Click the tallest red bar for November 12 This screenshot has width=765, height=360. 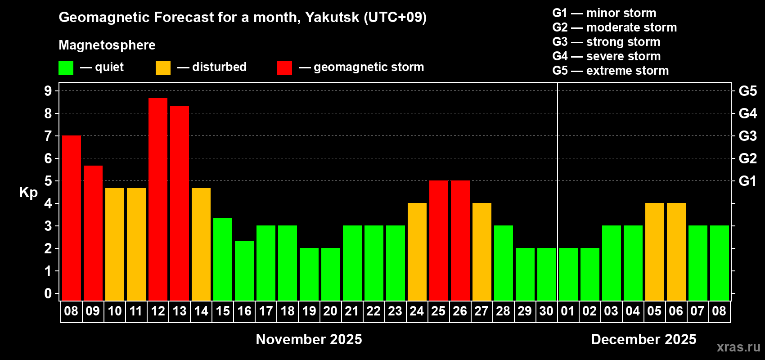pyautogui.click(x=158, y=199)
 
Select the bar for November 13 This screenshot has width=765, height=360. pyautogui.click(x=180, y=203)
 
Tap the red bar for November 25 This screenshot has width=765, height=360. pyautogui.click(x=439, y=240)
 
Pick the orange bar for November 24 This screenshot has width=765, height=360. pyautogui.click(x=417, y=252)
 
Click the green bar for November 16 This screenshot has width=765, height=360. pyautogui.click(x=244, y=270)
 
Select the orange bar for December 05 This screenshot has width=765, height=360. pyautogui.click(x=655, y=252)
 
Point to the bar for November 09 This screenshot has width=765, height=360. pyautogui.click(x=93, y=233)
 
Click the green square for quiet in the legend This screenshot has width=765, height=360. pyautogui.click(x=66, y=68)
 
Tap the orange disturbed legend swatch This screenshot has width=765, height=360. pyautogui.click(x=163, y=68)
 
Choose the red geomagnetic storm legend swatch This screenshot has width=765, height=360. pyautogui.click(x=285, y=68)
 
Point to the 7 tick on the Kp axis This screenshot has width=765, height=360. pyautogui.click(x=48, y=136)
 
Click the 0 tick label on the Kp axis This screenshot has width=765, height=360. pyautogui.click(x=48, y=293)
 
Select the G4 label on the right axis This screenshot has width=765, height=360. pyautogui.click(x=747, y=113)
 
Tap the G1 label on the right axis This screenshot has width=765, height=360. pyautogui.click(x=747, y=181)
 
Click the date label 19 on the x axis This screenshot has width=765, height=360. pyautogui.click(x=309, y=311)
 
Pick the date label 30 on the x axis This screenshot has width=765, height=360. pyautogui.click(x=546, y=311)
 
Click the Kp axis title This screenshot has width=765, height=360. pyautogui.click(x=28, y=192)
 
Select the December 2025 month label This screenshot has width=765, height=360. pyautogui.click(x=643, y=339)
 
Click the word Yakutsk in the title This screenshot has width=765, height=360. pyautogui.click(x=332, y=18)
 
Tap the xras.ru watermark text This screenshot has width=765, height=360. pyautogui.click(x=738, y=347)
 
